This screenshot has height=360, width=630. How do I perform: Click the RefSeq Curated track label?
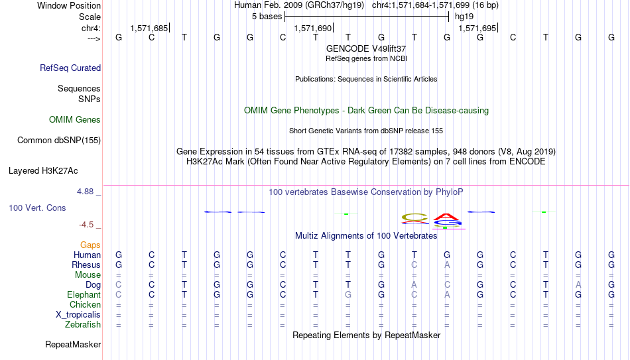click(x=70, y=68)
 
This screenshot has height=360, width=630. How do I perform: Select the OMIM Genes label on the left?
click(x=75, y=120)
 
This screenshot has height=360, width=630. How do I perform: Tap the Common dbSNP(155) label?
click(x=59, y=141)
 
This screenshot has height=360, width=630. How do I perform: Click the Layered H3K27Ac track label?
click(x=43, y=171)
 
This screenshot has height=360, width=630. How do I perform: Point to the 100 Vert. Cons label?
click(x=37, y=208)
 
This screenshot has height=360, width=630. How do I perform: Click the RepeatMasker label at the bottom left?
click(x=73, y=344)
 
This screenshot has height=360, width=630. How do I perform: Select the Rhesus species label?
click(x=86, y=265)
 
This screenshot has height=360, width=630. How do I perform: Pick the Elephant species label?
click(x=84, y=294)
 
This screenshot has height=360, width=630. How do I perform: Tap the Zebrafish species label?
click(x=83, y=324)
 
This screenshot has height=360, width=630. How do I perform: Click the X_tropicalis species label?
click(x=78, y=315)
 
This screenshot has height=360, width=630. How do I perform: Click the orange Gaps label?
click(x=90, y=245)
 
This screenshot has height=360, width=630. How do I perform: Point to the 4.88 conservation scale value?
click(x=85, y=192)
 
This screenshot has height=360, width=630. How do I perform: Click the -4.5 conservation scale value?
click(x=86, y=225)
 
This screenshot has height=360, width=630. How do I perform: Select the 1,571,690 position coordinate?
click(x=313, y=28)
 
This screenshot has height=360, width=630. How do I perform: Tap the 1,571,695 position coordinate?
click(x=477, y=28)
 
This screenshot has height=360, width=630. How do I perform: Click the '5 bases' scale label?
click(x=267, y=17)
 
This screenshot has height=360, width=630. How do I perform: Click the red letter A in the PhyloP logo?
click(x=446, y=217)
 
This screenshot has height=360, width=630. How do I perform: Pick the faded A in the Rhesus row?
click(x=447, y=265)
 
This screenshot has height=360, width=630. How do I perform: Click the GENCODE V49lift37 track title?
click(x=366, y=48)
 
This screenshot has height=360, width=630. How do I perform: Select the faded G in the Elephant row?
click(x=348, y=294)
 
